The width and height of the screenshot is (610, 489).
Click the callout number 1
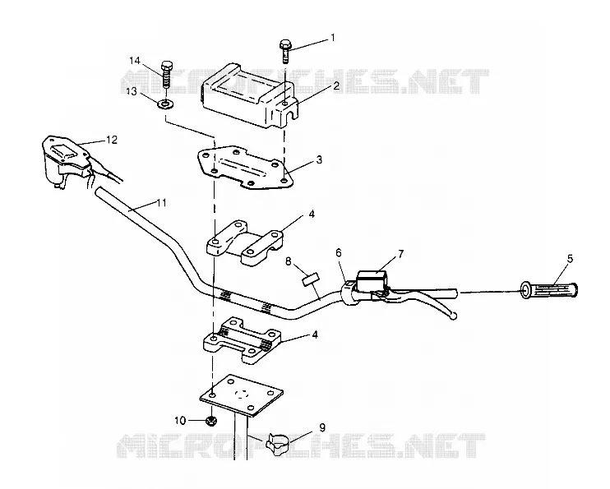coord(333,37)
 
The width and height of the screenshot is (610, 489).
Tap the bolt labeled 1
coord(284,52)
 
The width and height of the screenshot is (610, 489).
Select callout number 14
coord(135,61)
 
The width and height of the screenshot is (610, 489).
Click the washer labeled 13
coord(166,104)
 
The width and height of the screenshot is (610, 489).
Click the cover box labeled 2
coord(249,95)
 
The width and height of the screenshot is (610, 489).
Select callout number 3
coord(319,160)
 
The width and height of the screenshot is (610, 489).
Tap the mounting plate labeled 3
coord(245,168)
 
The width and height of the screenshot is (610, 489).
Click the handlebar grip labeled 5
coord(549,290)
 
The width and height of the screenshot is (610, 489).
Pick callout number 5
coord(570,259)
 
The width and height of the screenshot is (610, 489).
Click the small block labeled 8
coord(311,279)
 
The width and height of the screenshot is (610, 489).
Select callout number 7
coord(400,254)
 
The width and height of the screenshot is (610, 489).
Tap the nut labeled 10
coord(210,421)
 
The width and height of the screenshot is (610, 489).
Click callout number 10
coord(180,421)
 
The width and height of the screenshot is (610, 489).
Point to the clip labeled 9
coord(278,445)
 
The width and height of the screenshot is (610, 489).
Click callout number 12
coord(112,140)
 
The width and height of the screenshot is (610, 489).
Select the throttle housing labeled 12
coord(66,161)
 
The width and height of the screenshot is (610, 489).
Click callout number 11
coord(161,203)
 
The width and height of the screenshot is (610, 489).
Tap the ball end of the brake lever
coord(452,316)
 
